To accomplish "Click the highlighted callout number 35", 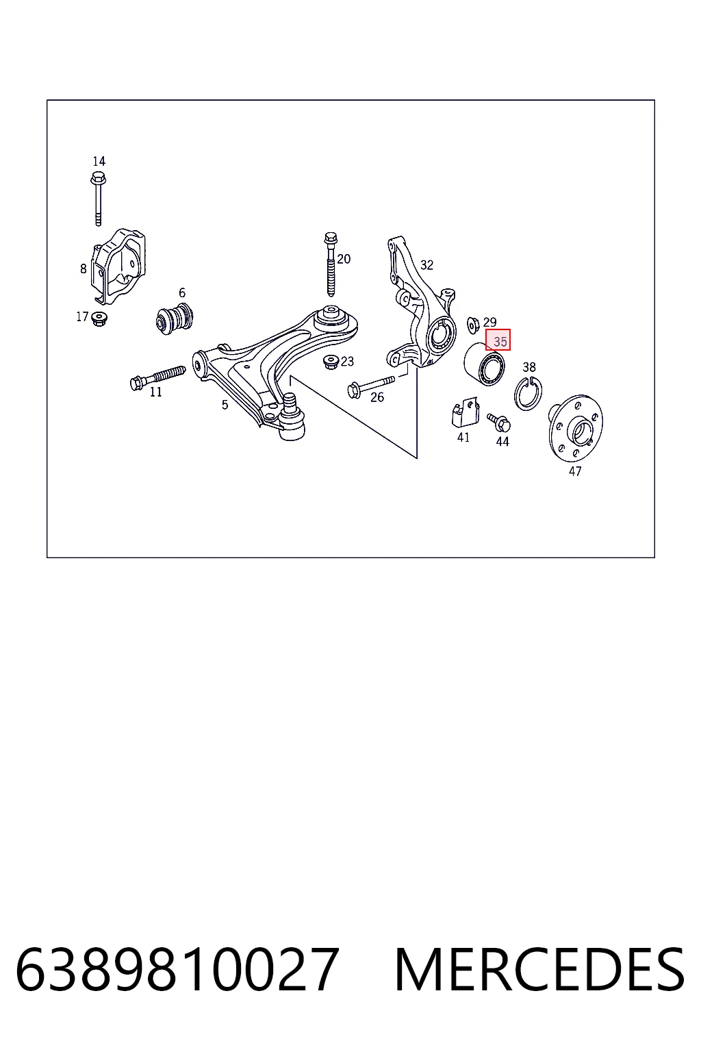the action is pos(498,340).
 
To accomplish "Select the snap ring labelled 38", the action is pos(528,393).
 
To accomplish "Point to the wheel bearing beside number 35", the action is pos(484,364).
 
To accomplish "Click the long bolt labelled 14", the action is pos(98,199).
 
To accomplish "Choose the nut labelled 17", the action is pos(99,318).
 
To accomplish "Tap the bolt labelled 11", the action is pos(157,377).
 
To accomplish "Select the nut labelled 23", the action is pos(331,362).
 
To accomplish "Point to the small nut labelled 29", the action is pos(473,325).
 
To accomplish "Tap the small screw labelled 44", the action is pos(498,423).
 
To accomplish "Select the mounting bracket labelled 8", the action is pos(118,266).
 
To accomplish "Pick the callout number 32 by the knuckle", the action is pos(426,265).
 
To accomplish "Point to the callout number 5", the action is pos(225,404).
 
